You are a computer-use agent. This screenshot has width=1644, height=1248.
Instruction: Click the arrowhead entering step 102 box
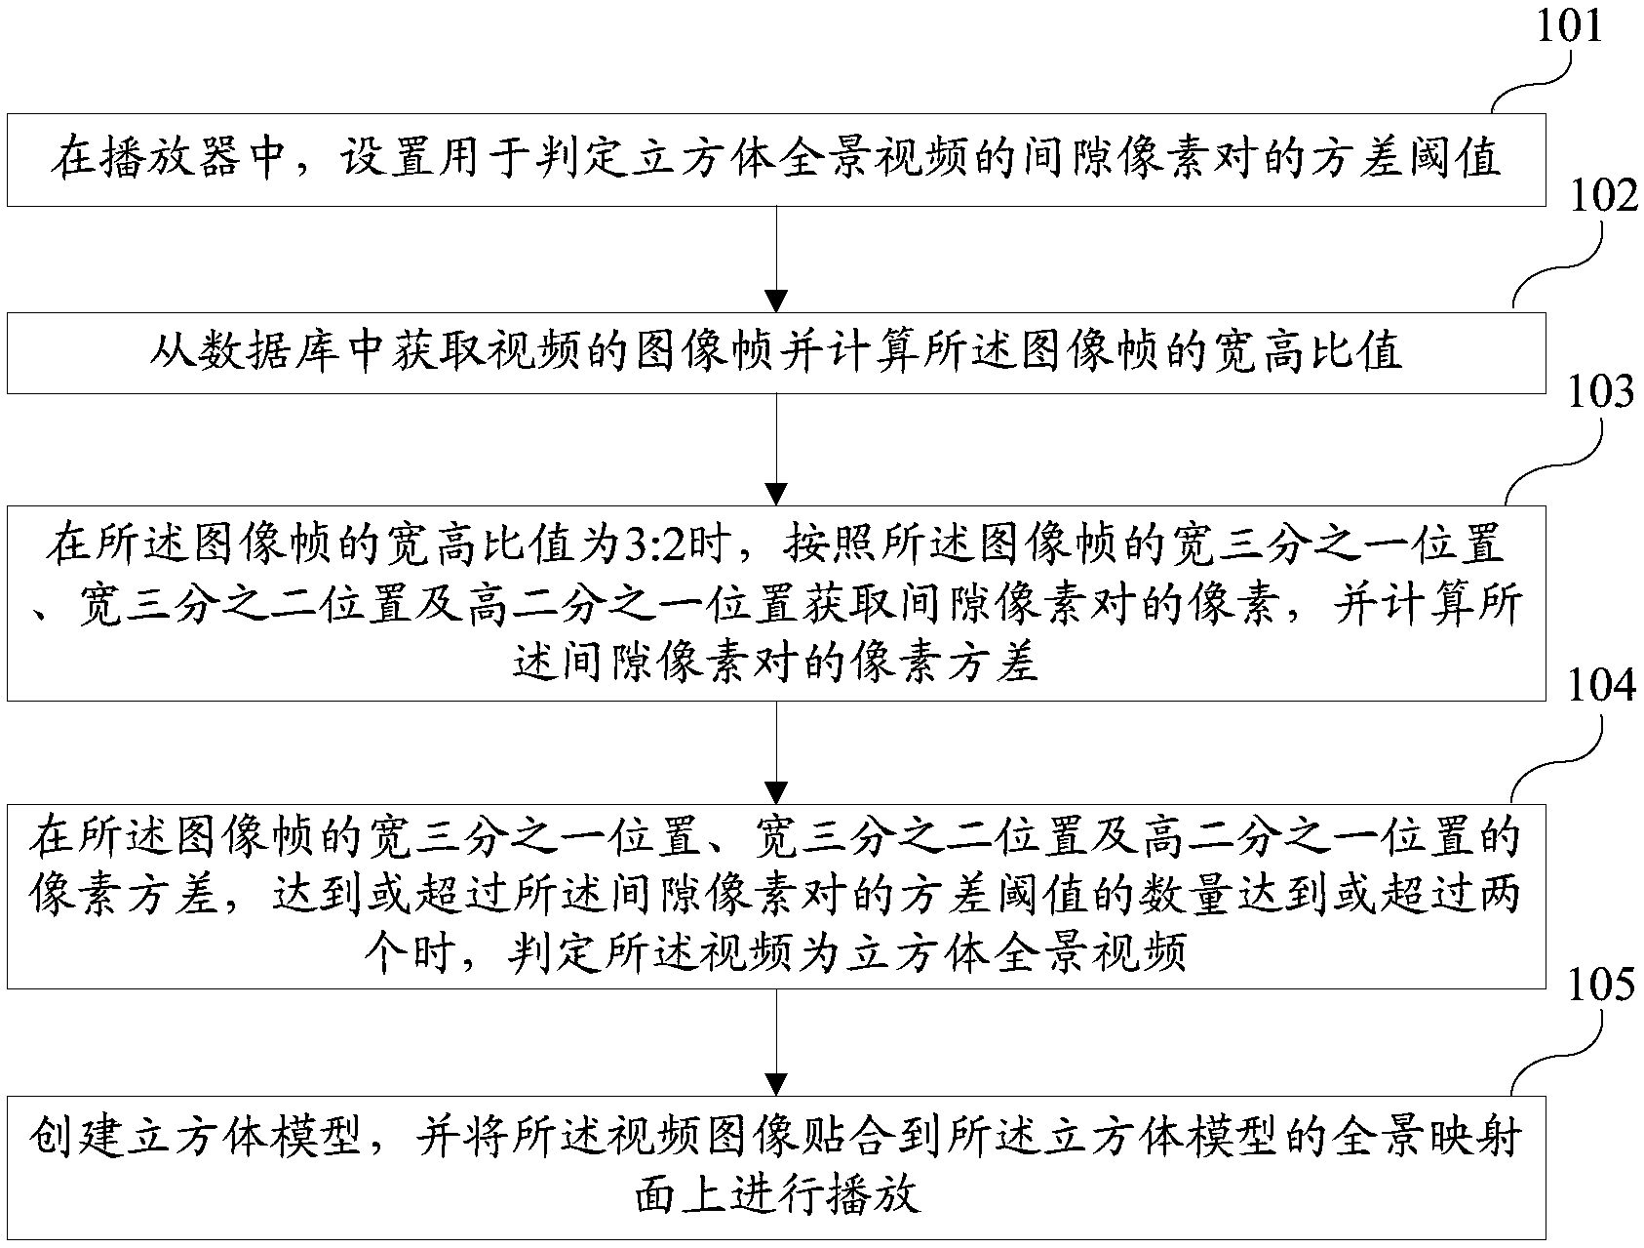776,299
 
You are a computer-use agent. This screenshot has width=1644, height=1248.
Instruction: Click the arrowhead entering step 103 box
776,493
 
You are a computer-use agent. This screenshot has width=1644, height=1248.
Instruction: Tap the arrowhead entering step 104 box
776,789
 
